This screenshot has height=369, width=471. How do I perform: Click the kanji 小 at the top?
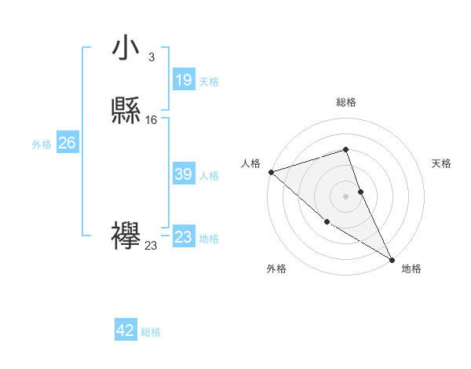[x=126, y=48]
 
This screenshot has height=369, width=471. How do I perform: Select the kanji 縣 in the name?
[x=126, y=111]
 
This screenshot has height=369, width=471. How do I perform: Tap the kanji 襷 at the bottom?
[x=126, y=236]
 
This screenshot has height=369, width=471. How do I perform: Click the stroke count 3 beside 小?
[x=151, y=57]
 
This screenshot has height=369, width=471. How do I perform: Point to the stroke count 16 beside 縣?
[x=152, y=120]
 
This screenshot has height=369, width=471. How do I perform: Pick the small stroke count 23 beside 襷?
[x=151, y=246]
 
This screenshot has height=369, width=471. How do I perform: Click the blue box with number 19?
[x=184, y=80]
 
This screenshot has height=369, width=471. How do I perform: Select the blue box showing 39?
[x=184, y=174]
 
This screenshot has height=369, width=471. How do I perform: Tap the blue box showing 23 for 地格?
[x=184, y=237]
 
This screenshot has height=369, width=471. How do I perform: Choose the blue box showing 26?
[x=67, y=143]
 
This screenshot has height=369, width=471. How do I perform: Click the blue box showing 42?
[x=126, y=331]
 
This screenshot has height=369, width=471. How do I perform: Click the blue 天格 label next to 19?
[x=209, y=82]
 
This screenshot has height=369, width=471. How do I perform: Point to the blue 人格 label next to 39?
[x=209, y=176]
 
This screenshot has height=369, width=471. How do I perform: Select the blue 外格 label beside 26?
[x=42, y=144]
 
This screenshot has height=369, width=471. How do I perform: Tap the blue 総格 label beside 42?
[x=151, y=332]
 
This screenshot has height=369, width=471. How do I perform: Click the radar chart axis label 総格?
[x=346, y=102]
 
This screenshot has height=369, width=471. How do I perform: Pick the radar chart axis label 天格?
[x=441, y=163]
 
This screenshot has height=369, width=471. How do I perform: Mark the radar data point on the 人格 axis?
[x=271, y=171]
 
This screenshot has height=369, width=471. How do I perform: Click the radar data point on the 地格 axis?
[x=392, y=259]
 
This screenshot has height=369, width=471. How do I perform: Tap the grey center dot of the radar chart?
[x=346, y=195]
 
